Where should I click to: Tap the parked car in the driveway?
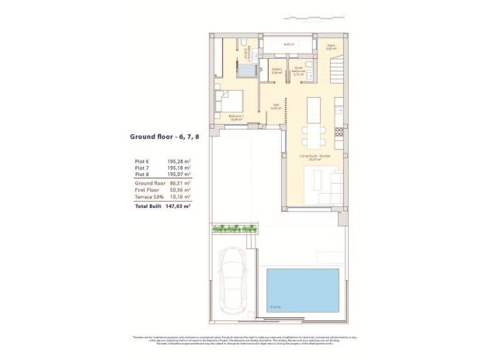(233, 280)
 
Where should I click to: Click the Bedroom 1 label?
(236, 117)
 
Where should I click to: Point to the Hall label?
(275, 107)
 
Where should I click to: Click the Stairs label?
(332, 47)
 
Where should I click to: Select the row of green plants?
(234, 228)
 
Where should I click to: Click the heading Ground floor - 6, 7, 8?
(164, 136)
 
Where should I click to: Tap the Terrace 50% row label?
(148, 197)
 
